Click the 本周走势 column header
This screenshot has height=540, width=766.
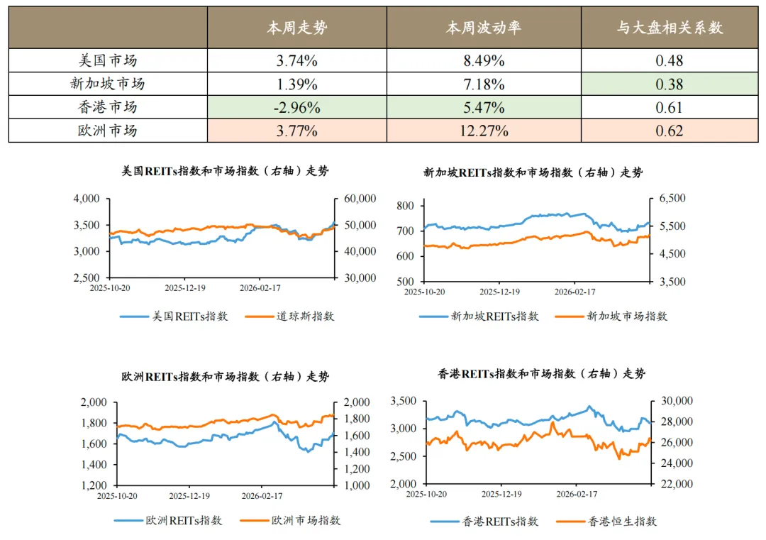click(x=296, y=28)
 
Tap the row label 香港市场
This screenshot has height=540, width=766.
click(x=107, y=108)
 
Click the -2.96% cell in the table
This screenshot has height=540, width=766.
click(x=296, y=108)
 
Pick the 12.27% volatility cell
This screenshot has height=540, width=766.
click(x=484, y=131)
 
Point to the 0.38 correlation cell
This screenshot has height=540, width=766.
click(x=669, y=84)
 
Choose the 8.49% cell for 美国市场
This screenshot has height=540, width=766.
click(x=484, y=61)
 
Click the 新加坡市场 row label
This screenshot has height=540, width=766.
click(x=107, y=84)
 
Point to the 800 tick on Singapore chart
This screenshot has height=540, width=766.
click(x=405, y=206)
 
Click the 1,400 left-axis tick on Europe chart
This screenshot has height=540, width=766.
click(x=92, y=465)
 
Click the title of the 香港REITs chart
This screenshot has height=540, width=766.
click(x=542, y=374)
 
